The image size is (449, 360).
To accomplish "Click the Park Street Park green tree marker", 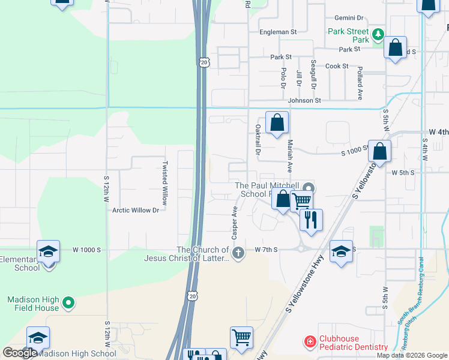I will tap(378, 34).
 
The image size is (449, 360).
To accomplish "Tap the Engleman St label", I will tap(278, 31).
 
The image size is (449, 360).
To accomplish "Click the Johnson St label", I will tap(304, 100).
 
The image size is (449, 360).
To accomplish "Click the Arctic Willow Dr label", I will tap(136, 210).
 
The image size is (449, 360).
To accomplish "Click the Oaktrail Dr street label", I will tap(258, 140).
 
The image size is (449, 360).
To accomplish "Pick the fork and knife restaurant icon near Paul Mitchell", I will tap(310, 219).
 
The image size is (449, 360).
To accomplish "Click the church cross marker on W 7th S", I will tap(238, 253).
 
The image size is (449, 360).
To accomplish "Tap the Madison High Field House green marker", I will tap(68, 303).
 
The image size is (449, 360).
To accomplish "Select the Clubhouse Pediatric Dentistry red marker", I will tap(310, 342).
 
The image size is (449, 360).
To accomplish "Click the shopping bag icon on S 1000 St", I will tap(379, 152).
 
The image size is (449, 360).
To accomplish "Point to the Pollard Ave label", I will tap(360, 83).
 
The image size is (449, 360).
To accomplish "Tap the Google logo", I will tap(20, 353).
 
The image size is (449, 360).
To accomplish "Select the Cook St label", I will tap(337, 66).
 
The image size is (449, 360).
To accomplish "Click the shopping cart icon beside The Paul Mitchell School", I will tap(302, 200).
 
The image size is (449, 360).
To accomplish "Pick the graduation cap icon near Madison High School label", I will tap(38, 338).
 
